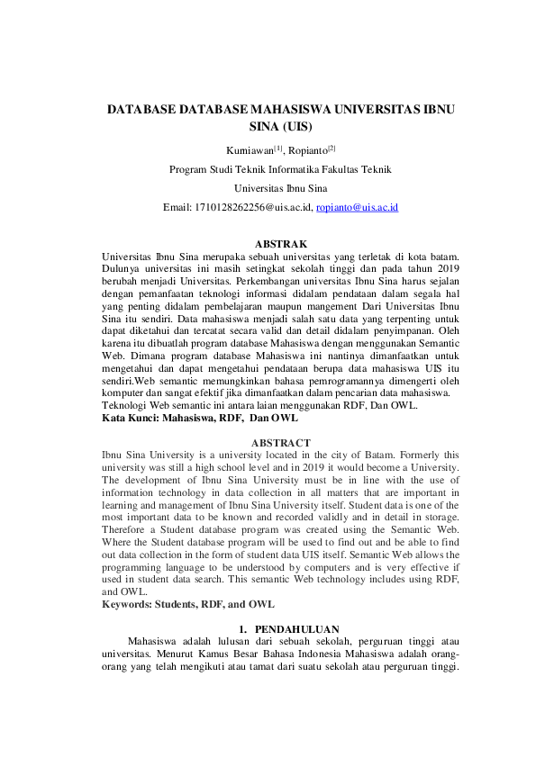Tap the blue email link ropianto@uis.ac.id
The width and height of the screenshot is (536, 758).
click(x=358, y=207)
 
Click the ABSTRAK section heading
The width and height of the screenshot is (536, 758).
click(x=281, y=244)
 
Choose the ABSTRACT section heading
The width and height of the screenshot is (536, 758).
click(x=281, y=443)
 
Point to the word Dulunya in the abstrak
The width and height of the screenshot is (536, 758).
click(x=123, y=267)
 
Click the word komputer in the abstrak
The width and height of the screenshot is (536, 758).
click(x=128, y=393)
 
